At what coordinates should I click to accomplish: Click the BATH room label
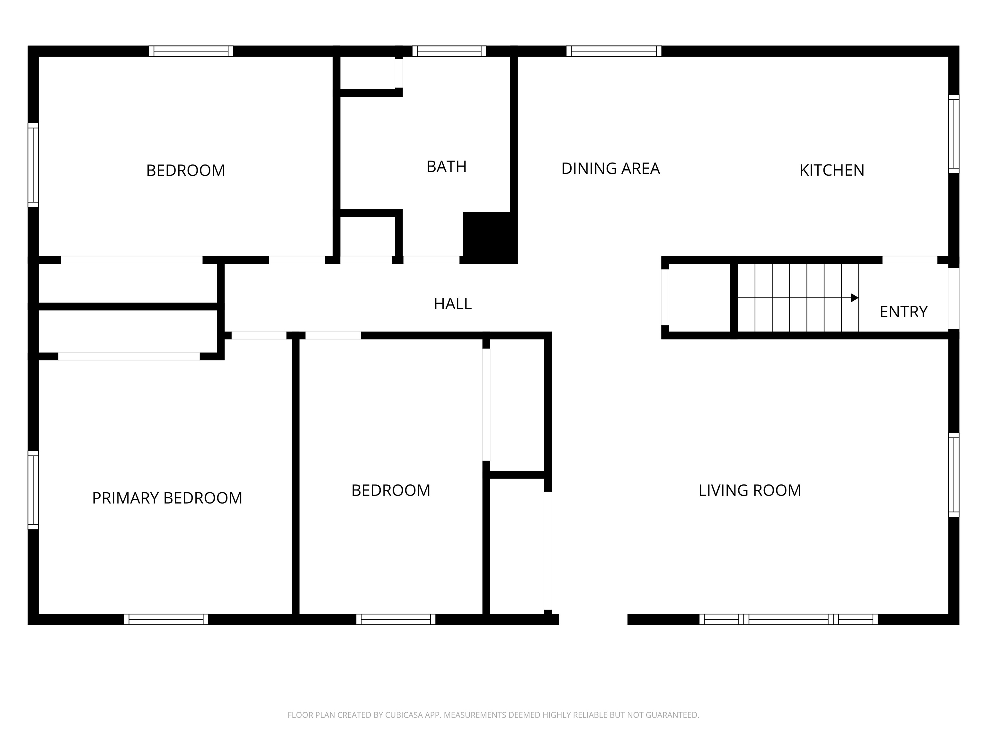click(x=446, y=167)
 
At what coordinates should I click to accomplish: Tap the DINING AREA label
click(x=610, y=169)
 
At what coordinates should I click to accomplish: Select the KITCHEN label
click(x=832, y=171)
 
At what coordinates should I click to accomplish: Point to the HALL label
click(x=452, y=304)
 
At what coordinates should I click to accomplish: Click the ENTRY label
click(x=903, y=312)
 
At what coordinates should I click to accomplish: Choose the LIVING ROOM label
click(x=750, y=491)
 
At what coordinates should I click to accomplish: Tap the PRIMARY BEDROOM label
click(x=167, y=498)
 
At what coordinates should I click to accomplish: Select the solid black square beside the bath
click(x=490, y=238)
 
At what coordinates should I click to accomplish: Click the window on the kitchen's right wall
click(x=954, y=134)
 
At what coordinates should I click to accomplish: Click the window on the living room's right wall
click(x=954, y=475)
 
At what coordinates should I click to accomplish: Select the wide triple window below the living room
click(x=788, y=619)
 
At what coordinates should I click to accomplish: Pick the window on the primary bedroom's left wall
click(x=33, y=490)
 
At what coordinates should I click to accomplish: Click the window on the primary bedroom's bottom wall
click(x=166, y=619)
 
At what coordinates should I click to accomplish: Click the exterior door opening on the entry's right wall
click(x=954, y=298)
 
